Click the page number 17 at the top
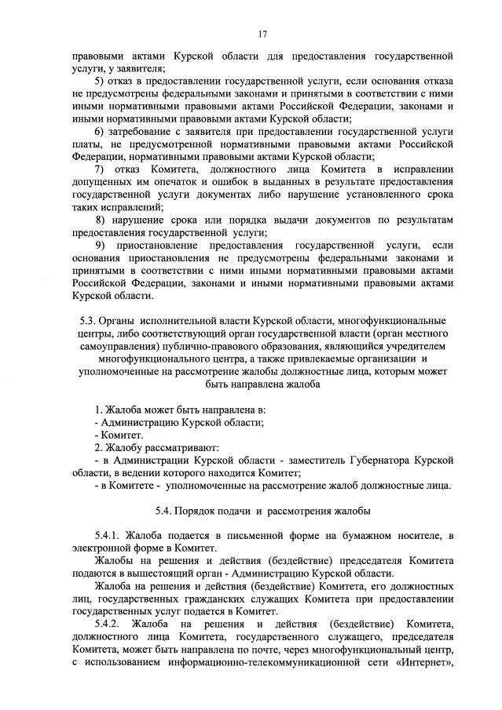pyautogui.click(x=262, y=34)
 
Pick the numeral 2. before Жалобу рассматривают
pyautogui.click(x=98, y=447)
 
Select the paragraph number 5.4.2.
pyautogui.click(x=106, y=623)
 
